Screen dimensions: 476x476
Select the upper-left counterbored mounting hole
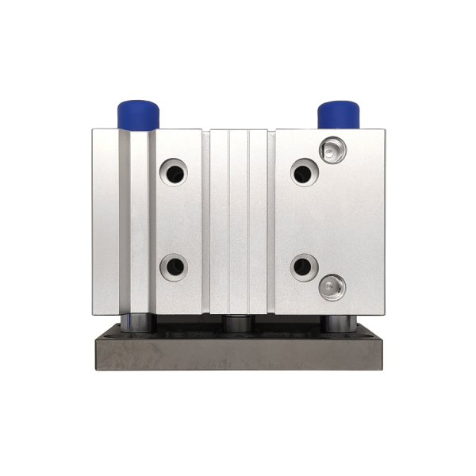coord(173,171)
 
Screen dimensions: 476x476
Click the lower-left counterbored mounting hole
coord(173,266)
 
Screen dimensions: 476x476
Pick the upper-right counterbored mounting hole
coord(304,171)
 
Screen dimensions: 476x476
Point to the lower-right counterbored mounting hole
coord(304,267)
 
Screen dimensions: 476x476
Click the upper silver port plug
coord(332,148)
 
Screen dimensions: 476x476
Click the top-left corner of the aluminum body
coord(93,129)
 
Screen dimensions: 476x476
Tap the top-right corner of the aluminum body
coord(385,129)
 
